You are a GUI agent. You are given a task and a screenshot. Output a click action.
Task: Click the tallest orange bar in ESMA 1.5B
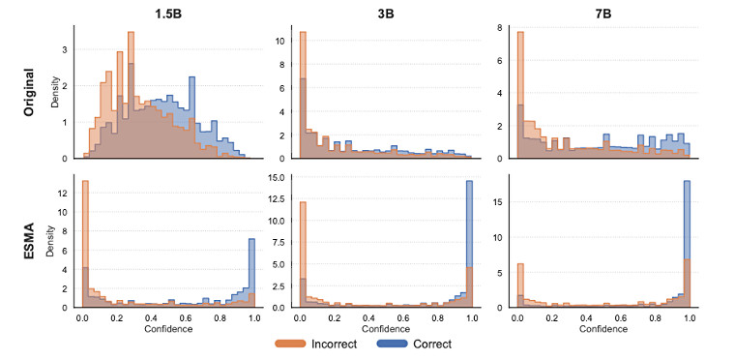pos(85,242)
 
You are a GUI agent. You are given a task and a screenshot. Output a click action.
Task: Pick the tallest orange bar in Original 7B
pos(521,97)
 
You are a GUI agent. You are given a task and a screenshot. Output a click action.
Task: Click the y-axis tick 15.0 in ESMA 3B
pos(281,177)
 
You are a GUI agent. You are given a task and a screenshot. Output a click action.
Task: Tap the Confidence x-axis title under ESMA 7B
pos(604,328)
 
